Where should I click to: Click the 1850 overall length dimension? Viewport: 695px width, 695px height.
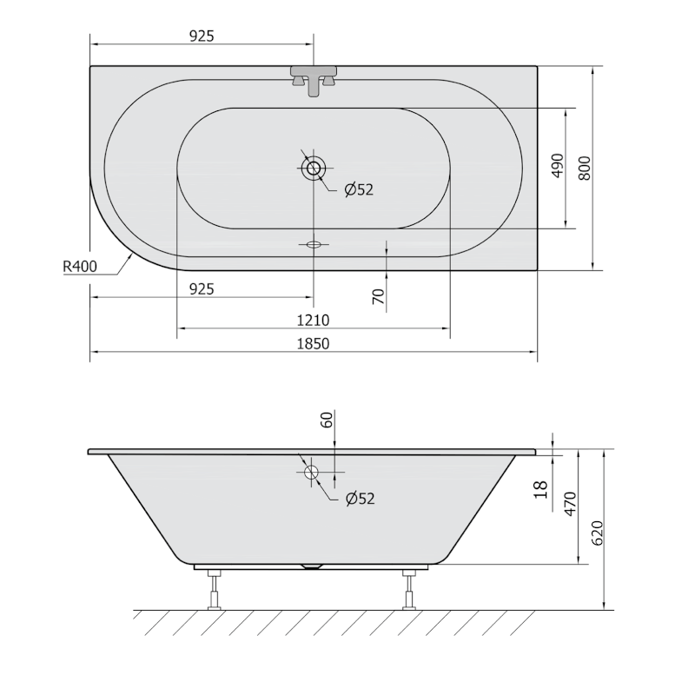[x=314, y=343]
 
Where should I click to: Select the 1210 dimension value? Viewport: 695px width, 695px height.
[x=314, y=320]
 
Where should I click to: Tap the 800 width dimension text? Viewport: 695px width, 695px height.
[x=585, y=166]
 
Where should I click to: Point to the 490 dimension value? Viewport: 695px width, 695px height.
[x=557, y=166]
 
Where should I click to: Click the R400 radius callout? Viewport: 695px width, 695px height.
[x=79, y=268]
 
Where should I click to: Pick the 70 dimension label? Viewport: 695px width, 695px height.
[x=378, y=295]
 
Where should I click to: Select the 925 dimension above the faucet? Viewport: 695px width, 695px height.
[x=201, y=36]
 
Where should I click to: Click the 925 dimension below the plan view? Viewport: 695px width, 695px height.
[x=201, y=288]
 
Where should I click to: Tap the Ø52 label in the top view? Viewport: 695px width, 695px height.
[x=358, y=189]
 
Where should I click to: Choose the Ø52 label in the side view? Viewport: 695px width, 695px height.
[x=358, y=498]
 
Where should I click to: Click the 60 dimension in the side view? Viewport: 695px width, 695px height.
[x=328, y=420]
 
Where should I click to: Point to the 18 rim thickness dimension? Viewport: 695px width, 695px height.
[x=543, y=490]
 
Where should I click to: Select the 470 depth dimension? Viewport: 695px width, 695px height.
[x=570, y=504]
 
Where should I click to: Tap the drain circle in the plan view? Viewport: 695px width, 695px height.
[x=314, y=168]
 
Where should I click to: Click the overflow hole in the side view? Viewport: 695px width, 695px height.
[x=312, y=473]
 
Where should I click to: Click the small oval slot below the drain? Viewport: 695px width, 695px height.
[x=314, y=244]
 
